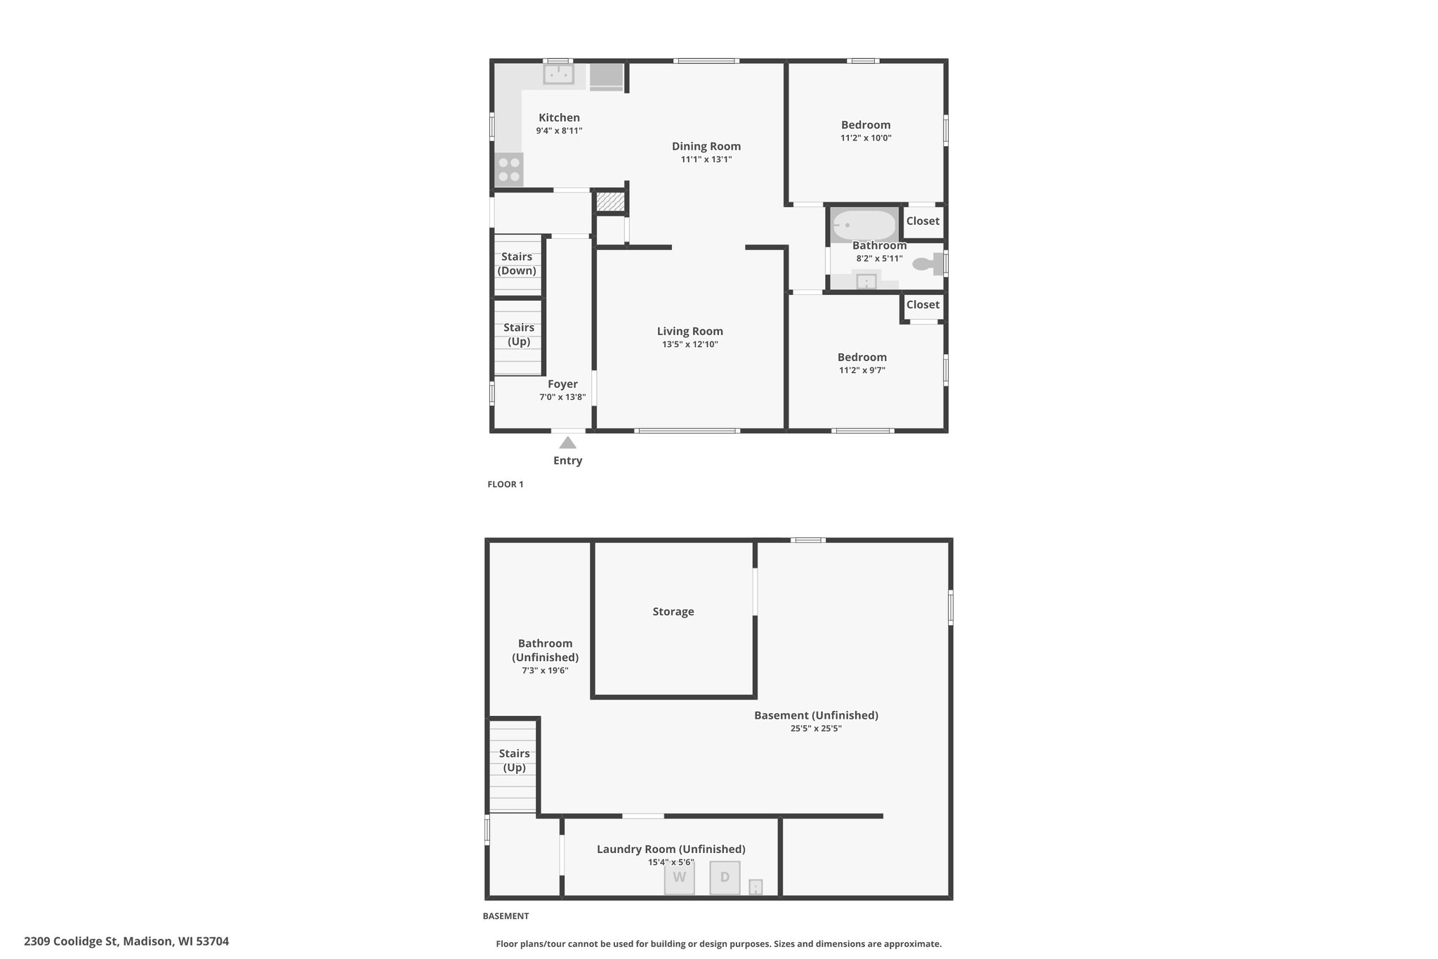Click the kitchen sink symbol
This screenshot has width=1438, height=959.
click(559, 74)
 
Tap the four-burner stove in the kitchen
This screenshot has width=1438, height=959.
click(509, 170)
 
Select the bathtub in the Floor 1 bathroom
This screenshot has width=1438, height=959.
click(864, 226)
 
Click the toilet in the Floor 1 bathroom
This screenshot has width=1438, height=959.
click(928, 264)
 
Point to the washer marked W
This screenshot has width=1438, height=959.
click(679, 878)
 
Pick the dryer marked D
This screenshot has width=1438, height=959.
click(725, 878)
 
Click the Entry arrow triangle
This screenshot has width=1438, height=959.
click(567, 443)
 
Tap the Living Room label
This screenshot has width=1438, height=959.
click(690, 331)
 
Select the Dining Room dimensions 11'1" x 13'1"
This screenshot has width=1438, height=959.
click(706, 159)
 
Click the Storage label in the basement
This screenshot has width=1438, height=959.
click(673, 611)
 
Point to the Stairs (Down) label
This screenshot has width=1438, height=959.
click(517, 263)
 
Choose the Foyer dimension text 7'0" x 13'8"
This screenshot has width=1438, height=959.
click(562, 397)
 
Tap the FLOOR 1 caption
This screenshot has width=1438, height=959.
click(506, 484)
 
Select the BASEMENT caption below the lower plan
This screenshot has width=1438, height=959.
click(506, 916)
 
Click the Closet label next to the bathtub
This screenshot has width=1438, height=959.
click(923, 221)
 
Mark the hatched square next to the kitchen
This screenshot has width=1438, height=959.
click(609, 202)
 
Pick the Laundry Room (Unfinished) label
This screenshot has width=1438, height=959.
click(671, 849)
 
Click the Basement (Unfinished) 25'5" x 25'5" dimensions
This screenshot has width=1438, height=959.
click(816, 729)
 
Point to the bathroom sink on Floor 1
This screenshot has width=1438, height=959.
click(866, 281)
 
